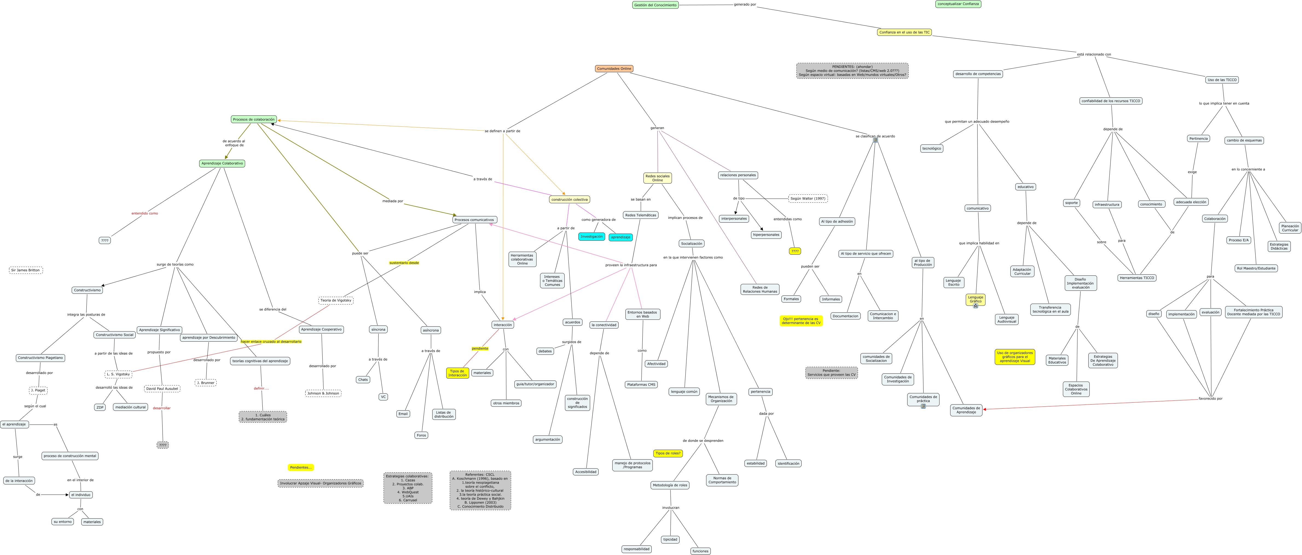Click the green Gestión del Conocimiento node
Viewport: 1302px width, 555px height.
655,5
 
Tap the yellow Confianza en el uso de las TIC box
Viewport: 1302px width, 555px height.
904,32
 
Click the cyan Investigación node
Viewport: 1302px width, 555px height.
591,237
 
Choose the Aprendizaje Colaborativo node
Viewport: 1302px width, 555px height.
222,163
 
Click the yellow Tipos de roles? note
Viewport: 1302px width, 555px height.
668,454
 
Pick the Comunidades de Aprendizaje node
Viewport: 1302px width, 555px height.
966,410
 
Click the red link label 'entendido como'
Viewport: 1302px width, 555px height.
144,213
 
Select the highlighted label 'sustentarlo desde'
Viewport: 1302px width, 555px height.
404,263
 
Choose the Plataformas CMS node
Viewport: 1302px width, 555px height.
641,385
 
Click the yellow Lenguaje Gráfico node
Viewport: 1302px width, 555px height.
975,299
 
